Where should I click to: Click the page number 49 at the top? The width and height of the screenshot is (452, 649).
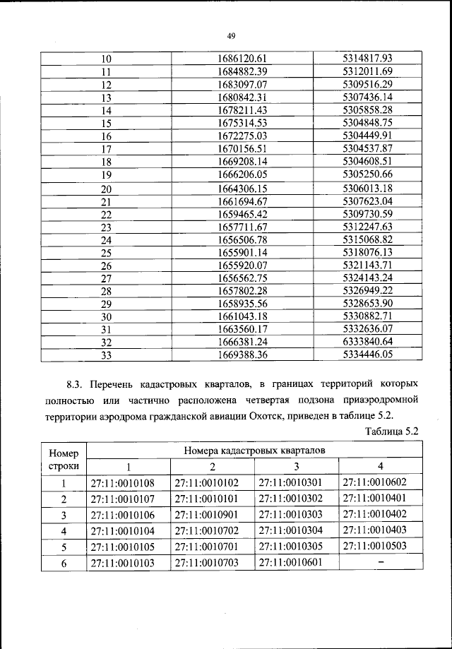pos(231,37)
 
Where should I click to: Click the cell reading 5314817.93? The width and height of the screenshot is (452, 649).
pos(367,58)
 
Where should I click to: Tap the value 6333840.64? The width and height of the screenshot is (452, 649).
pos(367,342)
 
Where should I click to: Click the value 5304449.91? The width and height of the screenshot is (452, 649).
pos(367,136)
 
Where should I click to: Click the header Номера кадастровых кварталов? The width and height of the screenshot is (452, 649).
pos(254,449)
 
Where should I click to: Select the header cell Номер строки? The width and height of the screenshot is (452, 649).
pos(64,458)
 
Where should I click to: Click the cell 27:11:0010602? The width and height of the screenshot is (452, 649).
pos(380,484)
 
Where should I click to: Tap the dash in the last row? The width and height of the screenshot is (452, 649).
pos(380,563)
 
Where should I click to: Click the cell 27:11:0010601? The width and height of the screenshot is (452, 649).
pos(296,563)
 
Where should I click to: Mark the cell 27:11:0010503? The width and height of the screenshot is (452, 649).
pos(380,547)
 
